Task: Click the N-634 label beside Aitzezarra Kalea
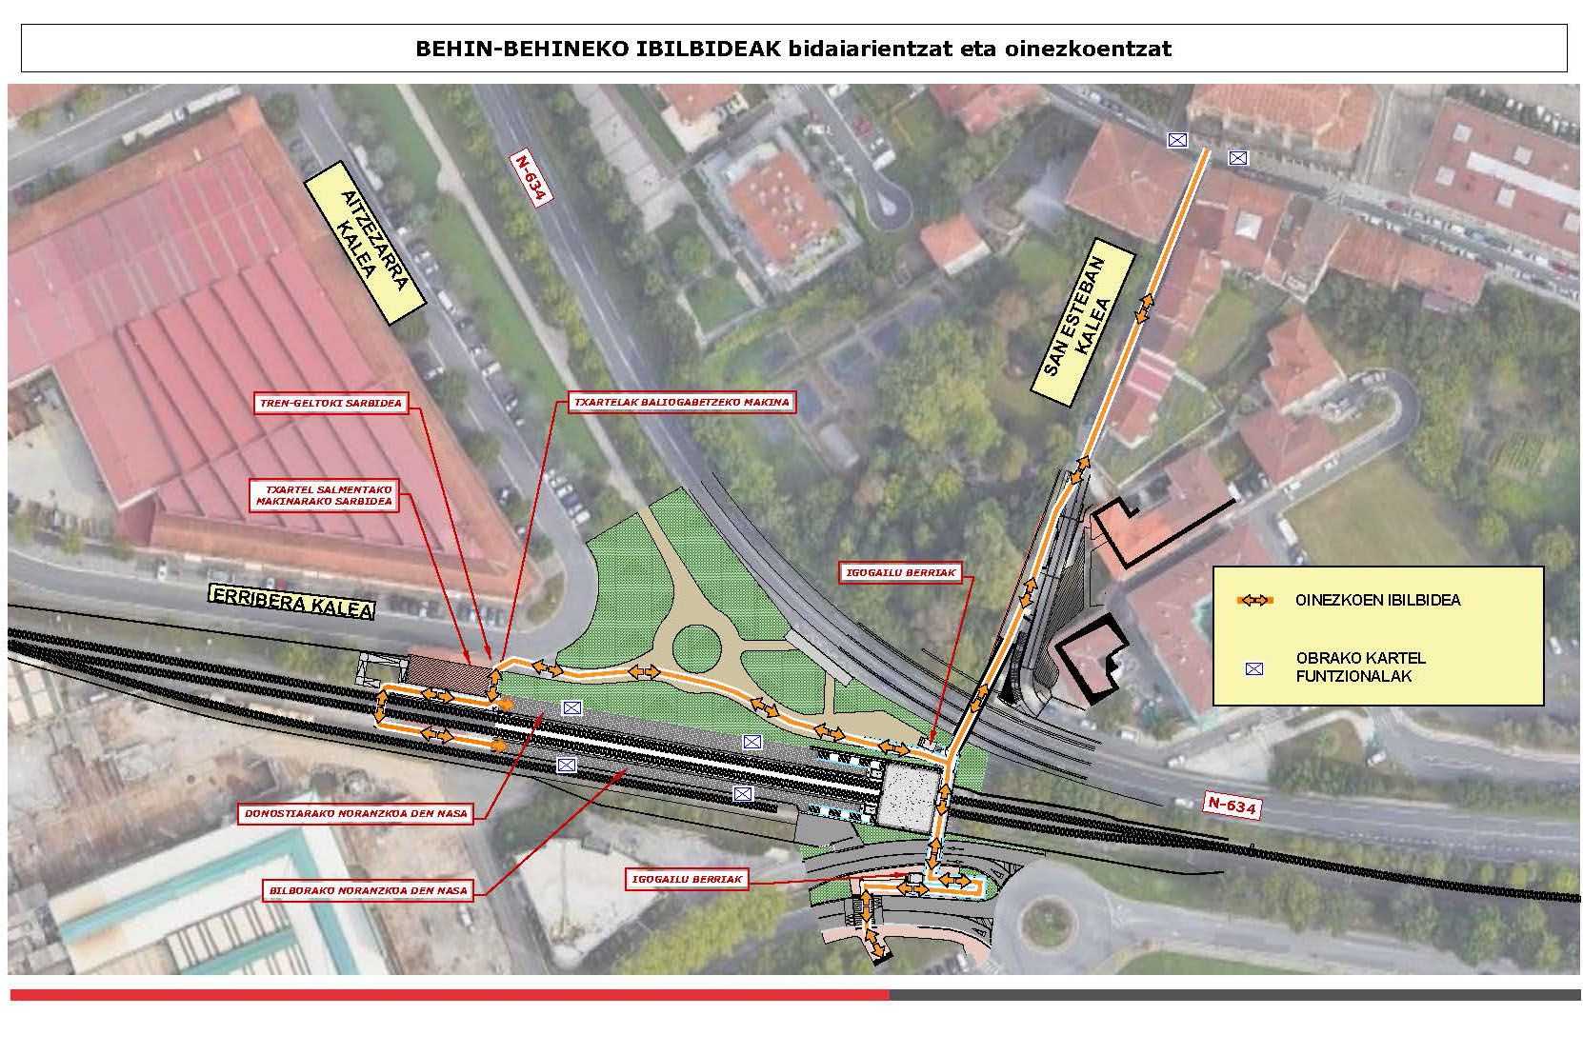pyautogui.click(x=531, y=178)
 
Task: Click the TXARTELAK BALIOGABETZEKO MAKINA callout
pyautogui.click(x=681, y=403)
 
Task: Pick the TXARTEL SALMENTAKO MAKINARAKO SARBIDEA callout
pyautogui.click(x=323, y=495)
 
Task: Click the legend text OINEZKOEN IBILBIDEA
pyautogui.click(x=1376, y=601)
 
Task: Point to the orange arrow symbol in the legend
pyautogui.click(x=1254, y=601)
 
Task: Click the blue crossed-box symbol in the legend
pyautogui.click(x=1253, y=668)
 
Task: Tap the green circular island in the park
pyautogui.click(x=706, y=649)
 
